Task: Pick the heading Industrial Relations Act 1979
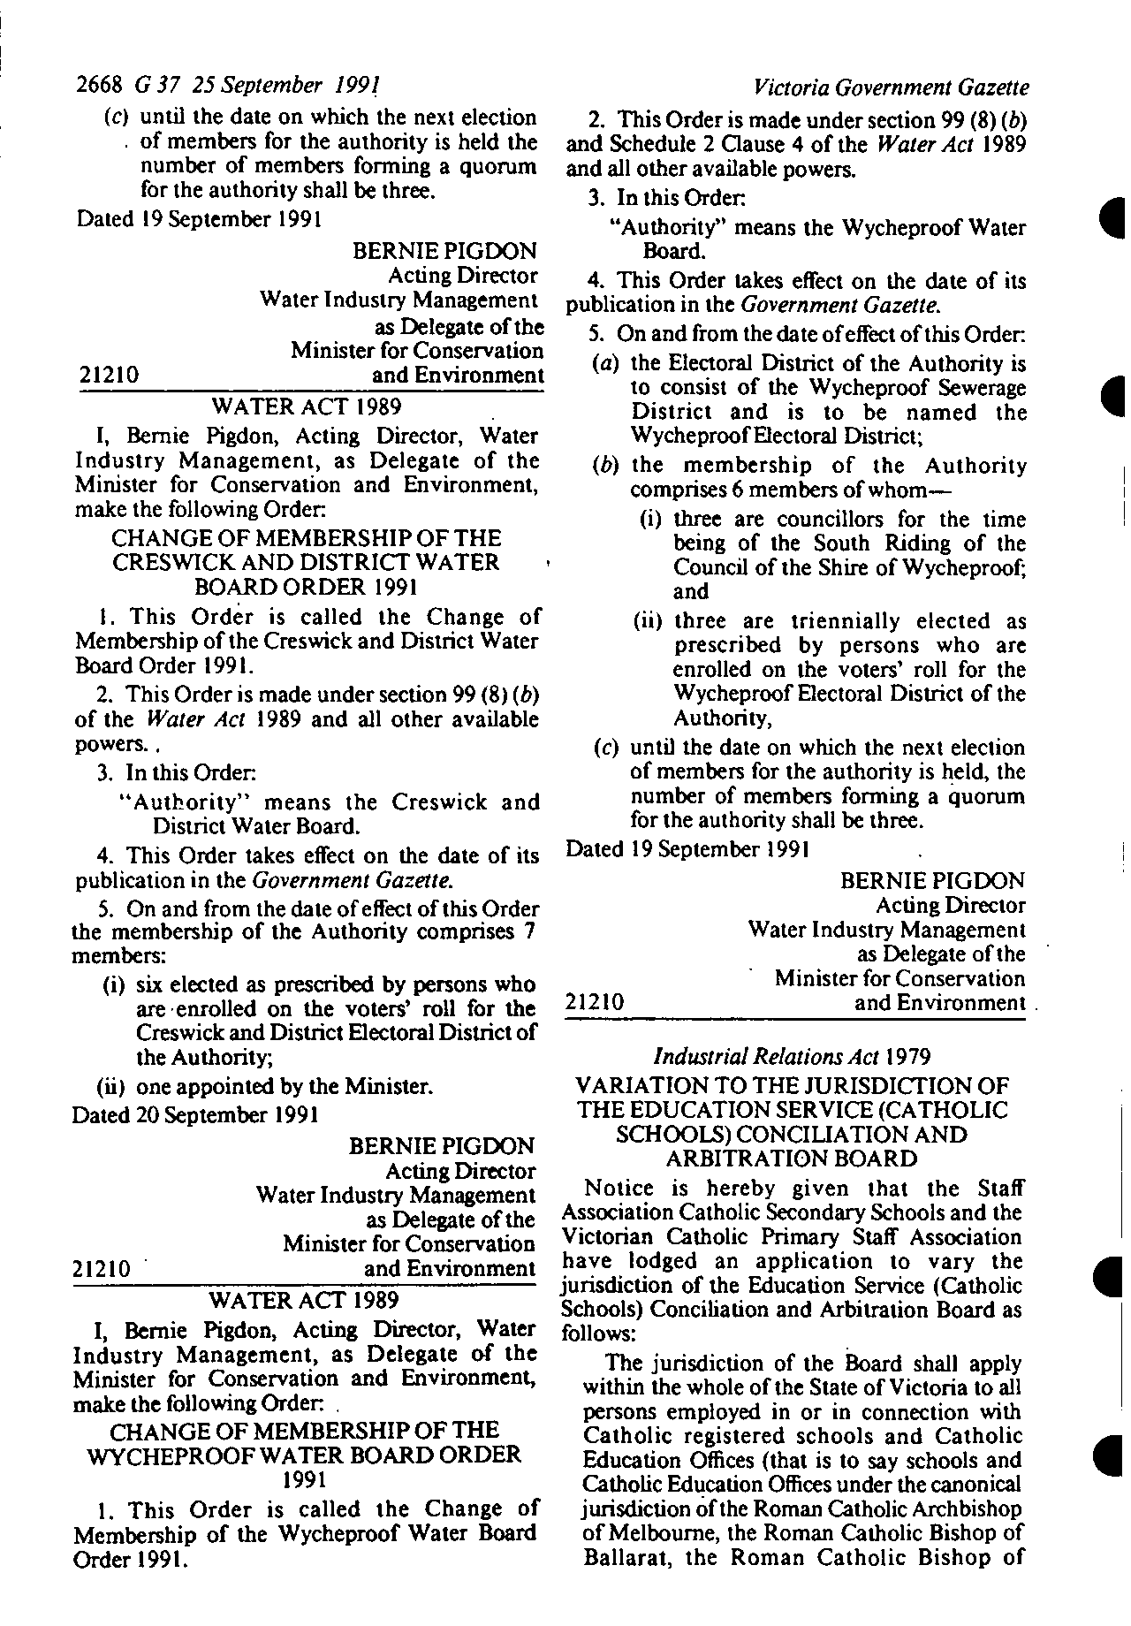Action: [791, 1055]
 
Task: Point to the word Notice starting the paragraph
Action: [619, 1189]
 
